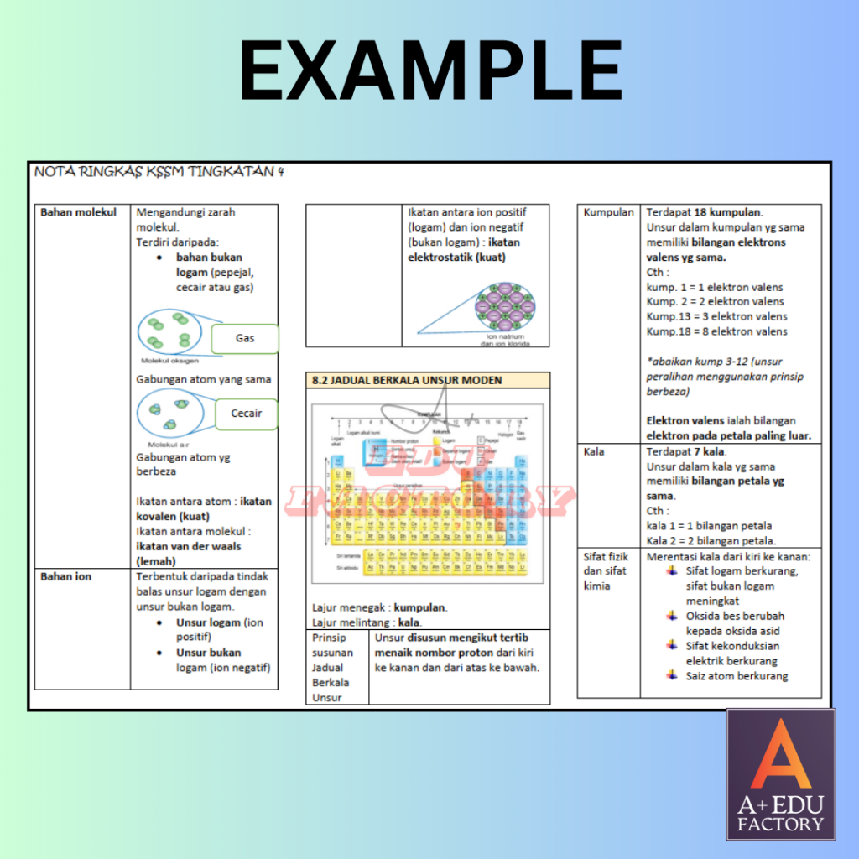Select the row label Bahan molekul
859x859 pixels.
pyautogui.click(x=79, y=212)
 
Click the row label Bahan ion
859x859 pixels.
pyautogui.click(x=66, y=576)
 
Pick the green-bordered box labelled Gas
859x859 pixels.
pyautogui.click(x=244, y=339)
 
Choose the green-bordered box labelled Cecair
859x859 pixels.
pyautogui.click(x=246, y=414)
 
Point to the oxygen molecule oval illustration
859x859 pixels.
pyautogui.click(x=169, y=331)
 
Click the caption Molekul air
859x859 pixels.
pyautogui.click(x=166, y=445)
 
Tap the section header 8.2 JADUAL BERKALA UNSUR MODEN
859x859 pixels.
pyautogui.click(x=407, y=380)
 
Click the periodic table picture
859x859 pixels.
pyautogui.click(x=428, y=493)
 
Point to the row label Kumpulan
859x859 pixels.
pyautogui.click(x=608, y=212)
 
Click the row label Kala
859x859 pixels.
pyautogui.click(x=594, y=451)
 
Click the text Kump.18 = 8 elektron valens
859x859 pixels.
pyautogui.click(x=717, y=331)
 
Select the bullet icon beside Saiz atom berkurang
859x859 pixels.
pyautogui.click(x=671, y=675)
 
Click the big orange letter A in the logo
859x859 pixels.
pyautogui.click(x=779, y=756)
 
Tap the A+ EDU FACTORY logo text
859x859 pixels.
pyautogui.click(x=780, y=815)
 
